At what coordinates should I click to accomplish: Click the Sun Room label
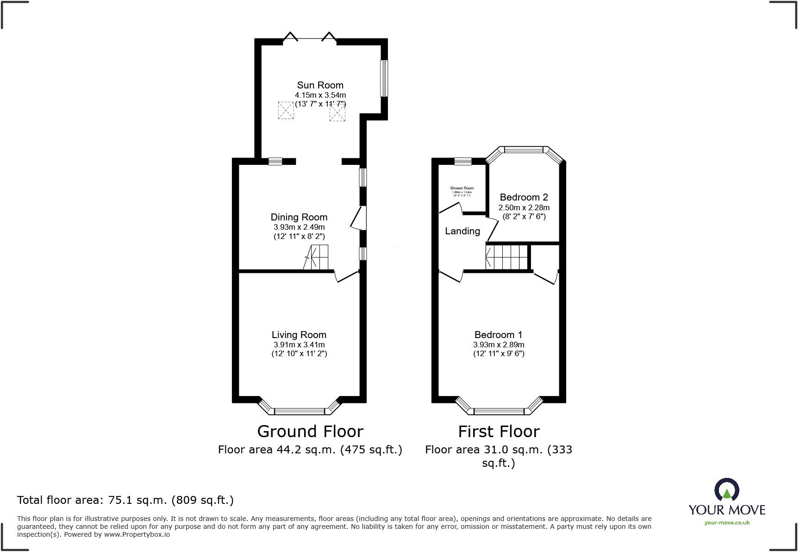tap(320, 85)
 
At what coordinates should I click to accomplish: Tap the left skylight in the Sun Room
tap(286, 110)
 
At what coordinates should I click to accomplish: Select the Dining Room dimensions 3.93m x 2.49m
tap(299, 227)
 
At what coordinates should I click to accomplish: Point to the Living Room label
tap(299, 335)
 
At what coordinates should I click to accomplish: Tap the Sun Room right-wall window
tap(384, 78)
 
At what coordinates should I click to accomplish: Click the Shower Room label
tap(462, 188)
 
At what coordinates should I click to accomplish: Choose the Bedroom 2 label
tap(524, 198)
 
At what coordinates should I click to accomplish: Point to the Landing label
tap(462, 231)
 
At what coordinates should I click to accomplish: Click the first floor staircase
tap(506, 257)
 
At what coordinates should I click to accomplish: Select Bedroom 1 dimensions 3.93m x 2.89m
tap(498, 345)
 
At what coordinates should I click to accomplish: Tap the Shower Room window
tap(462, 161)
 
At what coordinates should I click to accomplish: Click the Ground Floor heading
tap(310, 432)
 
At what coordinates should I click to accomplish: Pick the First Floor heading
tap(499, 432)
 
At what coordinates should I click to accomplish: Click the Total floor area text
tap(125, 500)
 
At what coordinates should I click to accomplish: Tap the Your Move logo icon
tap(726, 490)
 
